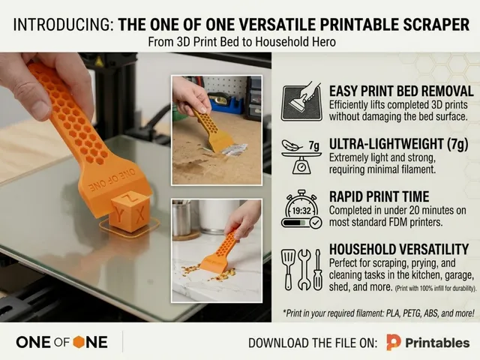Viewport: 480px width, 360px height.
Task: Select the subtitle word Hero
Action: coord(324,42)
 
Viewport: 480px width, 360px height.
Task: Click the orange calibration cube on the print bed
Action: coord(130,211)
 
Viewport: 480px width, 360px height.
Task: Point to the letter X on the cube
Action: coord(140,215)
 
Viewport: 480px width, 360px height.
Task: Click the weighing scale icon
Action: coord(301,158)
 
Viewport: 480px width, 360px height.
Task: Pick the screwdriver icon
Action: coord(318,270)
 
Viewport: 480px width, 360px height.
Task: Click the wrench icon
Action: coord(304,270)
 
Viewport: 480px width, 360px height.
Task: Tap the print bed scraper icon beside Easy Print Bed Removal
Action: coord(301,102)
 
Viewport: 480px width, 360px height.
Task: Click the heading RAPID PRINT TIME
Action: coord(379,196)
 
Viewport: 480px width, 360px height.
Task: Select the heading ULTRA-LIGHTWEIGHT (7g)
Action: coord(398,144)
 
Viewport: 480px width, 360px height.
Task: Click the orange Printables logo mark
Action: coord(393,342)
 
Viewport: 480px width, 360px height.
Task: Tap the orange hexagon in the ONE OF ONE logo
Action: coord(79,342)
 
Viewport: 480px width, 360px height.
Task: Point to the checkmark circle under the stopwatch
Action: coord(316,223)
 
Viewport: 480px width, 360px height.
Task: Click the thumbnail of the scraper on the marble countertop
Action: coord(217,250)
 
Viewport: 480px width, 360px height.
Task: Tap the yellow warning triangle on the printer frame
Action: coord(98,62)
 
